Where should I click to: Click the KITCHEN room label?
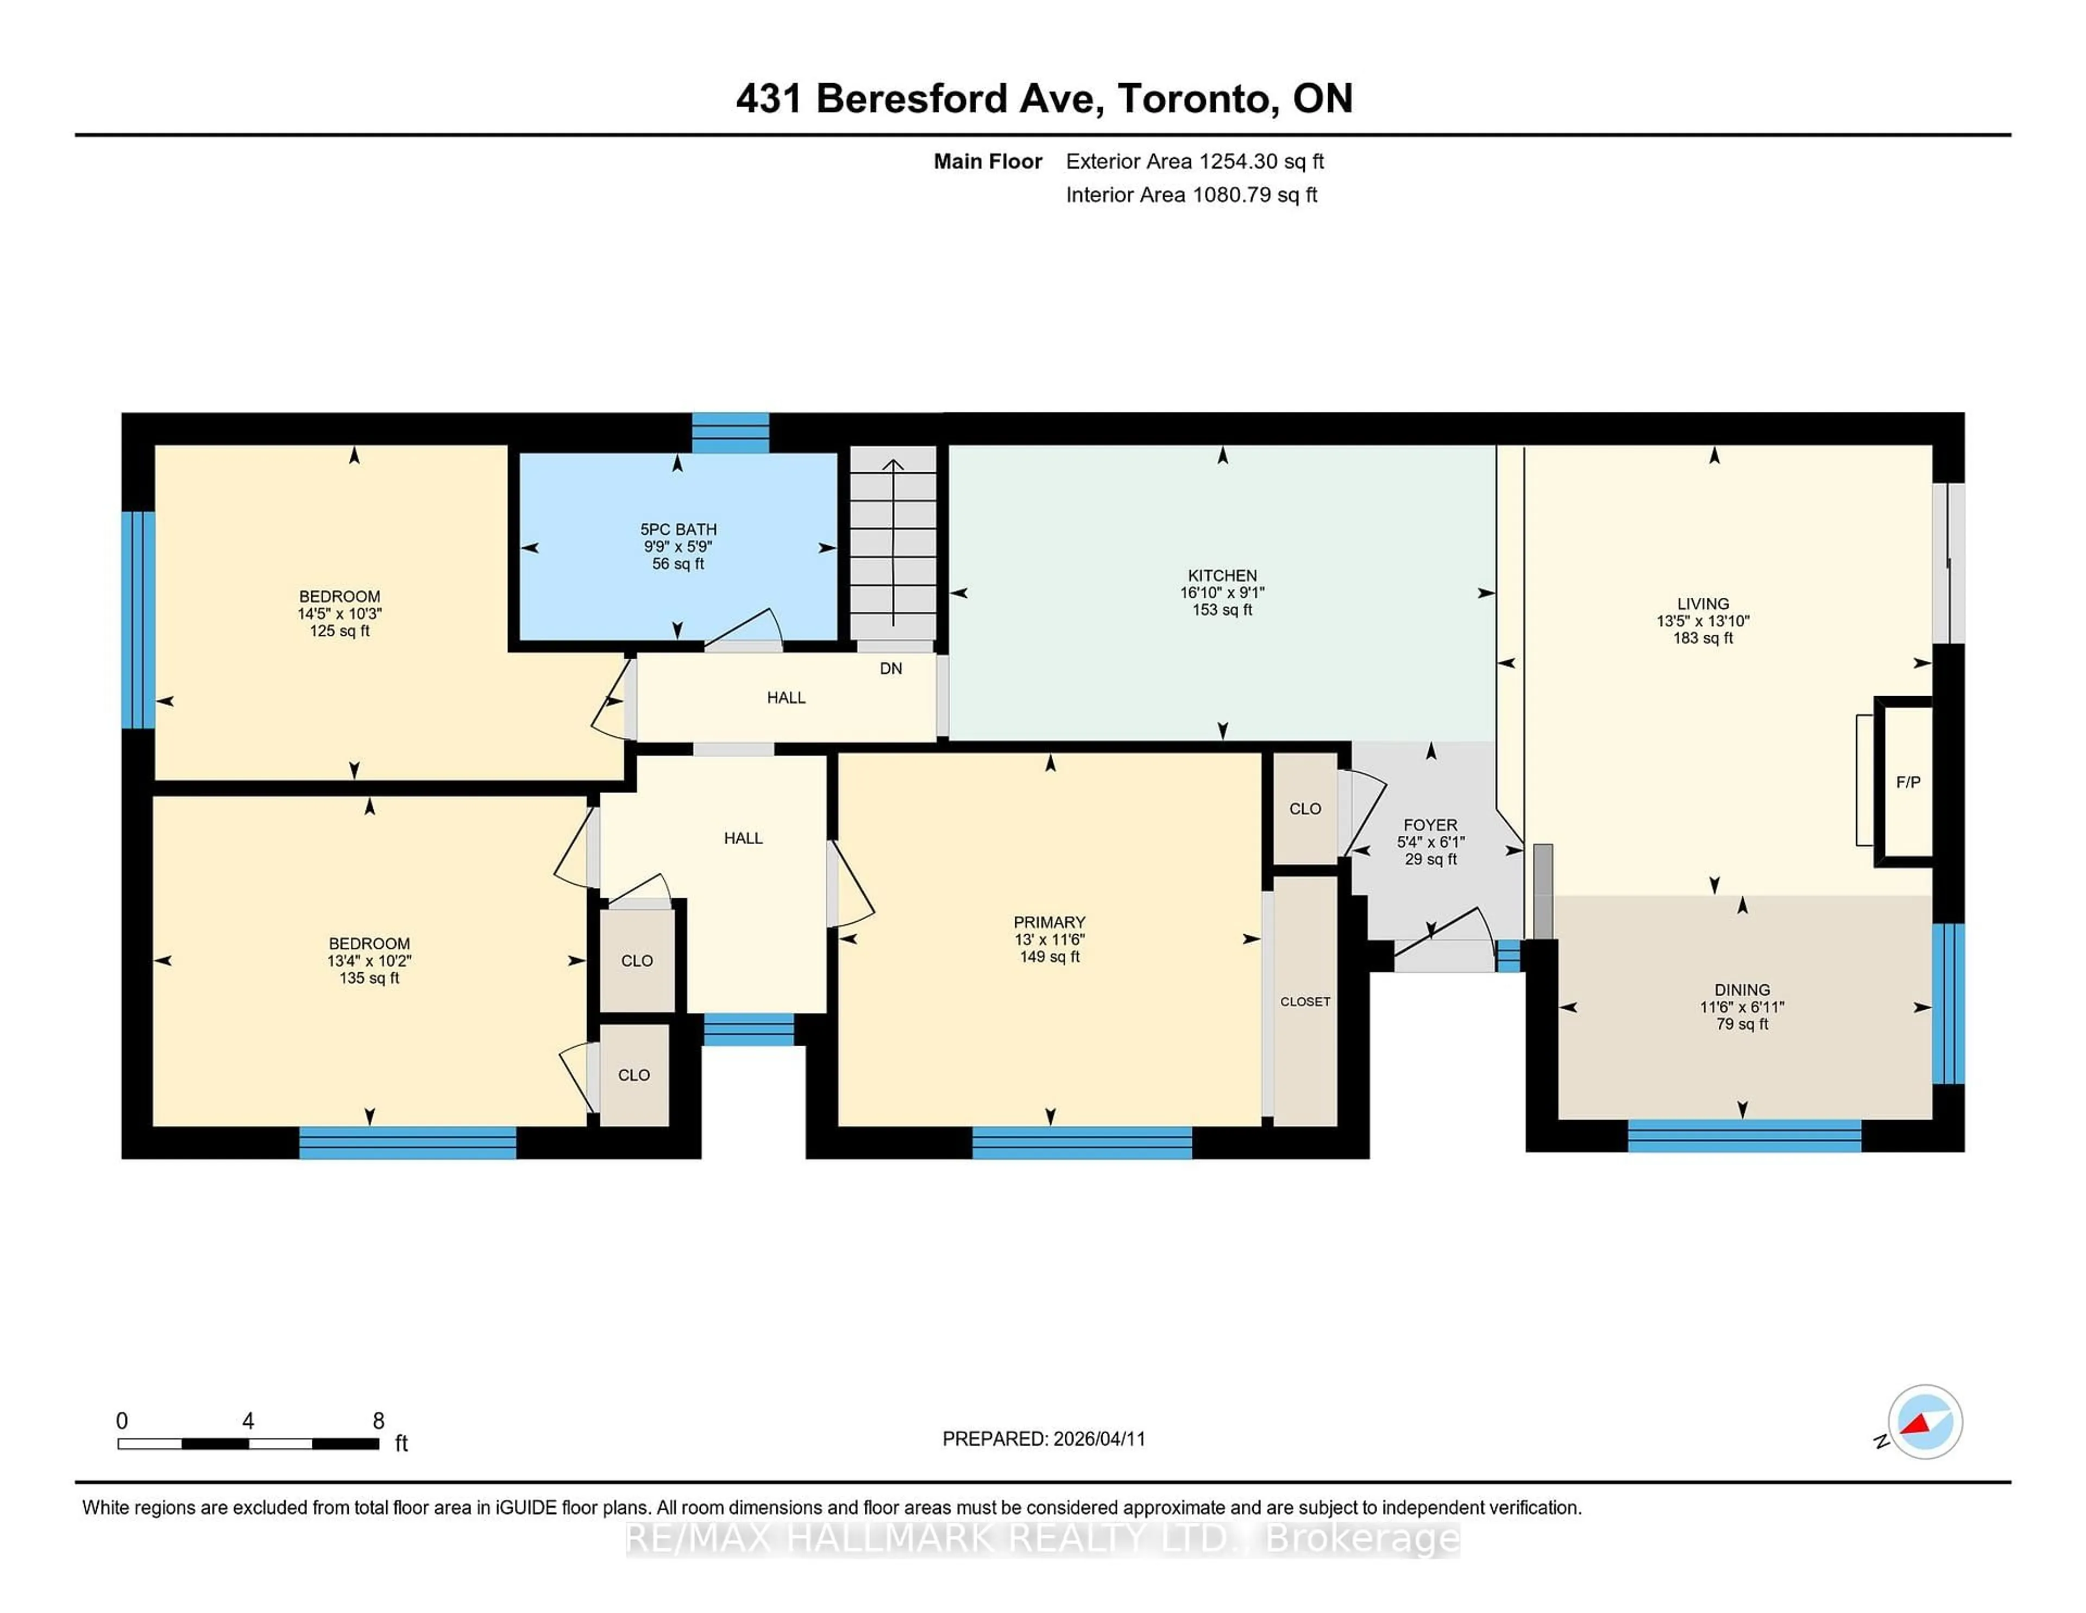[1222, 575]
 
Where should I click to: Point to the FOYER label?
[1430, 824]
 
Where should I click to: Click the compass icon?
[1925, 1421]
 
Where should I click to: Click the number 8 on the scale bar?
[378, 1421]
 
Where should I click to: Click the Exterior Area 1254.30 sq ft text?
[1194, 161]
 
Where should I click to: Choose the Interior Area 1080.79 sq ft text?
[1191, 195]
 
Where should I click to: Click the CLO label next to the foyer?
[1305, 809]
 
